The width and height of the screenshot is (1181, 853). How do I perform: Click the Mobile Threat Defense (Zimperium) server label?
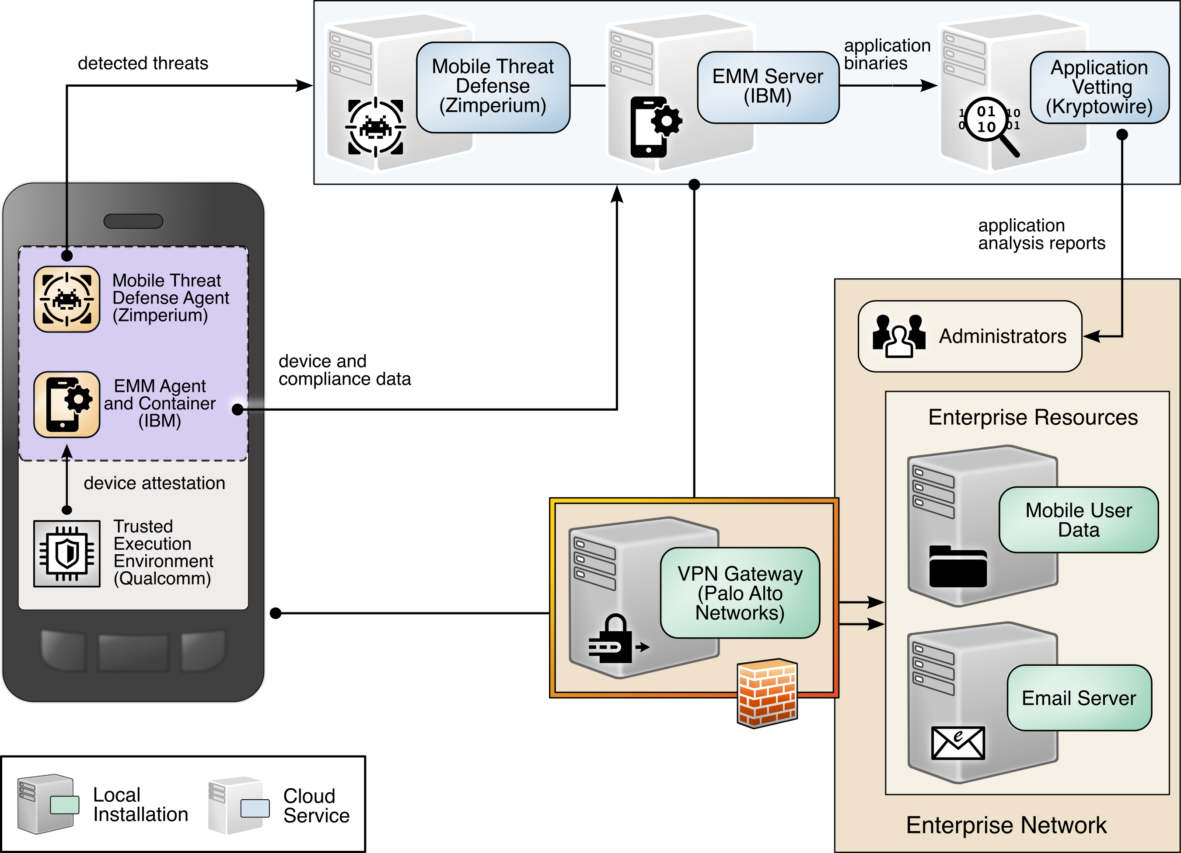coord(493,87)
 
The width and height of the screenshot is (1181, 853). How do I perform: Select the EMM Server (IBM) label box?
coord(768,87)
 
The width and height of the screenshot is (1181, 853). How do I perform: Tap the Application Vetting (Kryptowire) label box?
coord(1099,87)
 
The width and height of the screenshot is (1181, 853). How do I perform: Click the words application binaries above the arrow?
coord(886,54)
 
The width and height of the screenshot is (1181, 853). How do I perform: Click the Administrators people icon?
coord(899,336)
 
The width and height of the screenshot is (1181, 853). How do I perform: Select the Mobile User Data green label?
coord(1078,520)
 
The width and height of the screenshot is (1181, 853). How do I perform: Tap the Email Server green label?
coord(1078,698)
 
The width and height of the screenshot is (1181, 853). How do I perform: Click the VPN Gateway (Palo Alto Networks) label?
coord(739,593)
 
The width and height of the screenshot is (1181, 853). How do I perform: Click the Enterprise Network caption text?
coord(1006,825)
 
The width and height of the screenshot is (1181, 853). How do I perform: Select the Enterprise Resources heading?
coord(1033,417)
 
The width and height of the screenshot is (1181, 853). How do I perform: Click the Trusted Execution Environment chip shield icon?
coord(66,553)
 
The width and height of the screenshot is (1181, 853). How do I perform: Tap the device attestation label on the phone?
coord(154,483)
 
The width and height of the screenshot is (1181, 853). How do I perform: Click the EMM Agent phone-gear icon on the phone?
coord(66,404)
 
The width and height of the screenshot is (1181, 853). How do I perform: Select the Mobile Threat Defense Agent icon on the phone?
coord(66,299)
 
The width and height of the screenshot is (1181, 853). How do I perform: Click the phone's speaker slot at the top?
coord(133,221)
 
